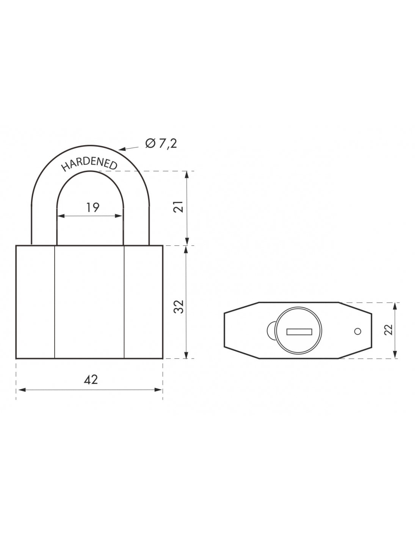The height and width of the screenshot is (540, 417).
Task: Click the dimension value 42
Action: (91, 379)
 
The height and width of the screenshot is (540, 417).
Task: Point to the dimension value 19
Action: (92, 207)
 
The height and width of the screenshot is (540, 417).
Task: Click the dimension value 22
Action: (387, 330)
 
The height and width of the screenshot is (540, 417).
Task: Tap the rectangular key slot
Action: (299, 332)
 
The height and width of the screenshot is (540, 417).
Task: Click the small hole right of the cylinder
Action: (357, 332)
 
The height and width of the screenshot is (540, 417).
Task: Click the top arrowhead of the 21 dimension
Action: (187, 174)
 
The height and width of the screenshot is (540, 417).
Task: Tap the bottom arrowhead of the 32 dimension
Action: (187, 355)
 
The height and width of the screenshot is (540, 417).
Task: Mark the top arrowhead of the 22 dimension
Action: (395, 305)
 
